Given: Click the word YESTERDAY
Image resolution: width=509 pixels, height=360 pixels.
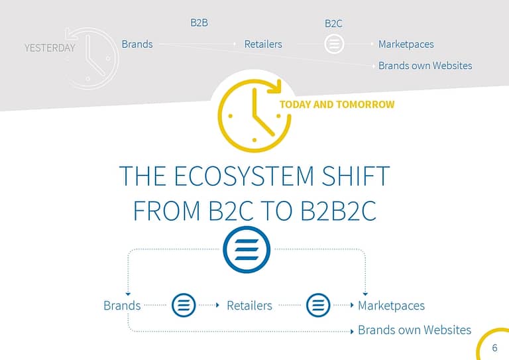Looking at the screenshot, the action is (50, 48).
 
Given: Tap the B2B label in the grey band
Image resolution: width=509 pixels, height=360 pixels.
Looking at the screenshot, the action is (199, 23).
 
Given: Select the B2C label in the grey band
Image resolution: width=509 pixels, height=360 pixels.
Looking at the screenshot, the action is (333, 23).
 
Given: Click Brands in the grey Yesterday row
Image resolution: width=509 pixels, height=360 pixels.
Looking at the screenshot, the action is (137, 44).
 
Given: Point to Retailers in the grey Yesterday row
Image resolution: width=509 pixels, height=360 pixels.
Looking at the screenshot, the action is (263, 44).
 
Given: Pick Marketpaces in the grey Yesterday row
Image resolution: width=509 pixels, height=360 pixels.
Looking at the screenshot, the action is (406, 44).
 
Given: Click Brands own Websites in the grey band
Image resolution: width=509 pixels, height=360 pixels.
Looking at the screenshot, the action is (425, 66).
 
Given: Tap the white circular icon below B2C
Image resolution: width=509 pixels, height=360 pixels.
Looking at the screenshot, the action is (334, 44).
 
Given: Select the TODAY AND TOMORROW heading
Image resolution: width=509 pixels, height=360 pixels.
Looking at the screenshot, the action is (337, 105).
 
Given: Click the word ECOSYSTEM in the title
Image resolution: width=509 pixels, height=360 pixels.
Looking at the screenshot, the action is (244, 176).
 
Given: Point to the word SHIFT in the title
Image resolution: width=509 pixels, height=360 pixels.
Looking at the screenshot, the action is (355, 176).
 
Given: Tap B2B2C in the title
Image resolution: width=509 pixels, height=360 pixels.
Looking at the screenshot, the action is (339, 211).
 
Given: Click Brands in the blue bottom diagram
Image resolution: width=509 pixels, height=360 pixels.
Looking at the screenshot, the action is (122, 306).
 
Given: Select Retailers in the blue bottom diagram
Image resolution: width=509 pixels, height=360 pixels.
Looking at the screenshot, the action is (249, 306).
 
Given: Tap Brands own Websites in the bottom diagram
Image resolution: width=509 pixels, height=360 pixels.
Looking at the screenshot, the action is (414, 330).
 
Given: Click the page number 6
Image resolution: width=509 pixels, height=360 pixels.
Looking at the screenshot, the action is (494, 347).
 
